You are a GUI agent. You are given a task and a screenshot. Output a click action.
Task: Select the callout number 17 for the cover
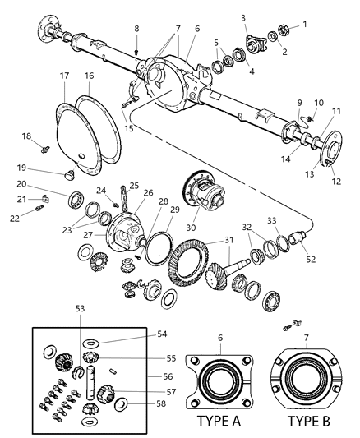(x=63, y=76)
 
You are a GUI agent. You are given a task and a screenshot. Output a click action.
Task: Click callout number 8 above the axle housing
(x=136, y=30)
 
